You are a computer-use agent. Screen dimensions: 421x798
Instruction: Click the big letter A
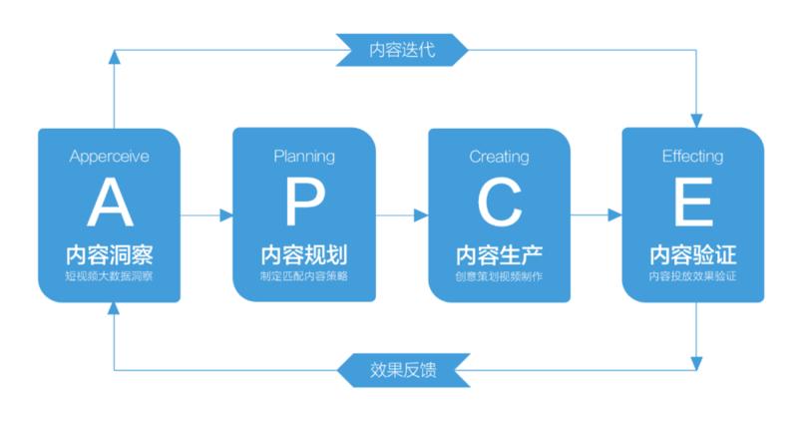coord(110,203)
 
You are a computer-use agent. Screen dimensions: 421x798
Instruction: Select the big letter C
coord(499,203)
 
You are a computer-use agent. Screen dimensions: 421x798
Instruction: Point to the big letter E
coord(692,203)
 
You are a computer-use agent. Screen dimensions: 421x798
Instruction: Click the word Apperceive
coord(110,157)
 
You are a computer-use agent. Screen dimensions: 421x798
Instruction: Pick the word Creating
coord(499,157)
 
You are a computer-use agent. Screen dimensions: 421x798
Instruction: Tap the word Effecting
coord(692,157)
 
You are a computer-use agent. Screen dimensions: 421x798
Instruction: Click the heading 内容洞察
coord(110,253)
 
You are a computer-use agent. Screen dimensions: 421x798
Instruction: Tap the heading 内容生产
coord(499,253)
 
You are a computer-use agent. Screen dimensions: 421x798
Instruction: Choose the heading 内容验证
coord(692,253)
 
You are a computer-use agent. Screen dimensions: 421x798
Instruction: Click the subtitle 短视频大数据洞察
coord(110,275)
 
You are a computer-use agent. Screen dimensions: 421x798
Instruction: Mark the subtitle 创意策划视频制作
coord(499,275)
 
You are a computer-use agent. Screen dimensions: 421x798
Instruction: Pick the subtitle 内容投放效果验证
coord(692,275)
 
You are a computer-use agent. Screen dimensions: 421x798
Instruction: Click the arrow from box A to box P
coord(206,214)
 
